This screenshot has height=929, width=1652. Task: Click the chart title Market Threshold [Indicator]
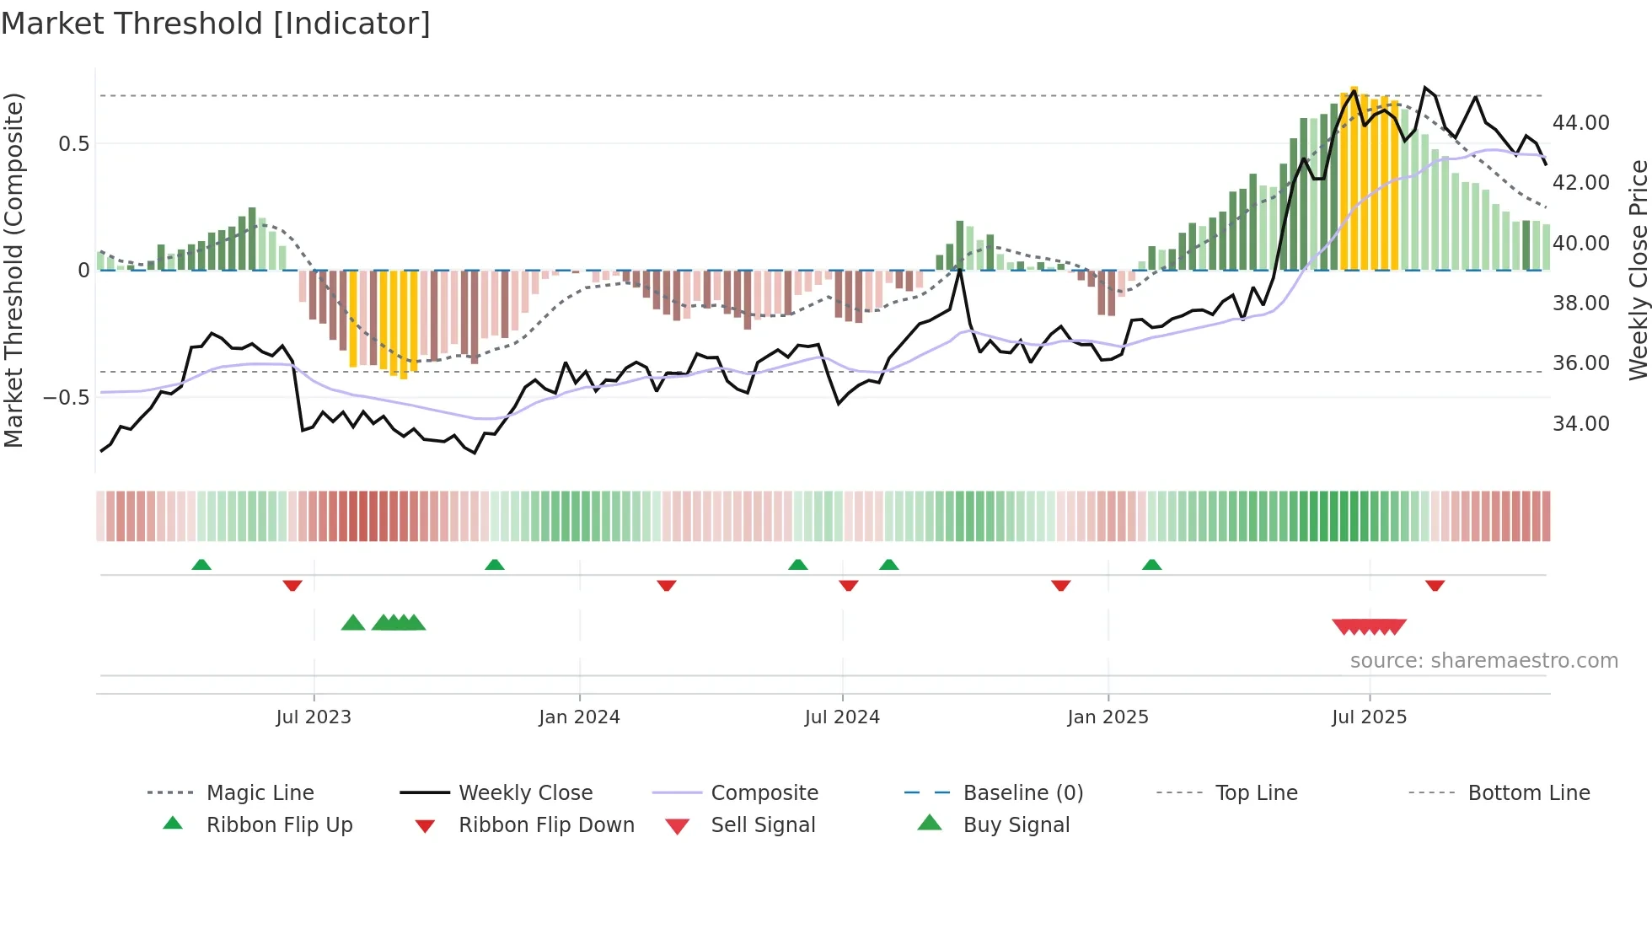(216, 24)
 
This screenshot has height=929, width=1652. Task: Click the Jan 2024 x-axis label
(579, 717)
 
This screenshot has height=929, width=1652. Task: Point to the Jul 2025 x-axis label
(1369, 717)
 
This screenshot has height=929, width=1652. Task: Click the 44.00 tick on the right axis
(1580, 123)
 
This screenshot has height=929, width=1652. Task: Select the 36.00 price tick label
(1580, 363)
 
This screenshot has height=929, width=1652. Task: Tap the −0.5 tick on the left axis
(66, 397)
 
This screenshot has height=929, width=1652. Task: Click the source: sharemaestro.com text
(1483, 661)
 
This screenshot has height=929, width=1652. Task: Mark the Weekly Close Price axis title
(1638, 270)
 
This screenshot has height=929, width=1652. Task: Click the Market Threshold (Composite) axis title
(13, 270)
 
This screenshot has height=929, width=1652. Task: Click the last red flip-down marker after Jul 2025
(1435, 585)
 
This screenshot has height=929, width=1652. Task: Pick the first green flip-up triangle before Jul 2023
(201, 565)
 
